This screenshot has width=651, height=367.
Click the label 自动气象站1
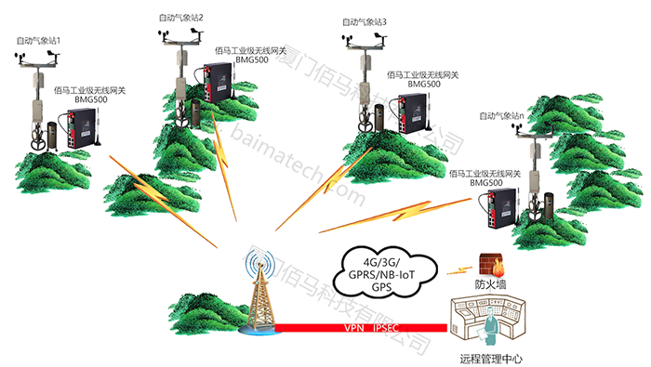pos(38,41)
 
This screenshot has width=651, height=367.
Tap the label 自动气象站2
pos(181,18)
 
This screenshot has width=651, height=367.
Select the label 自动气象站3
pos(365,21)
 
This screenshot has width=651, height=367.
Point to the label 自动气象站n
pos(503,116)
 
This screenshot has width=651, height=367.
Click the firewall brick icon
pos(485,263)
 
